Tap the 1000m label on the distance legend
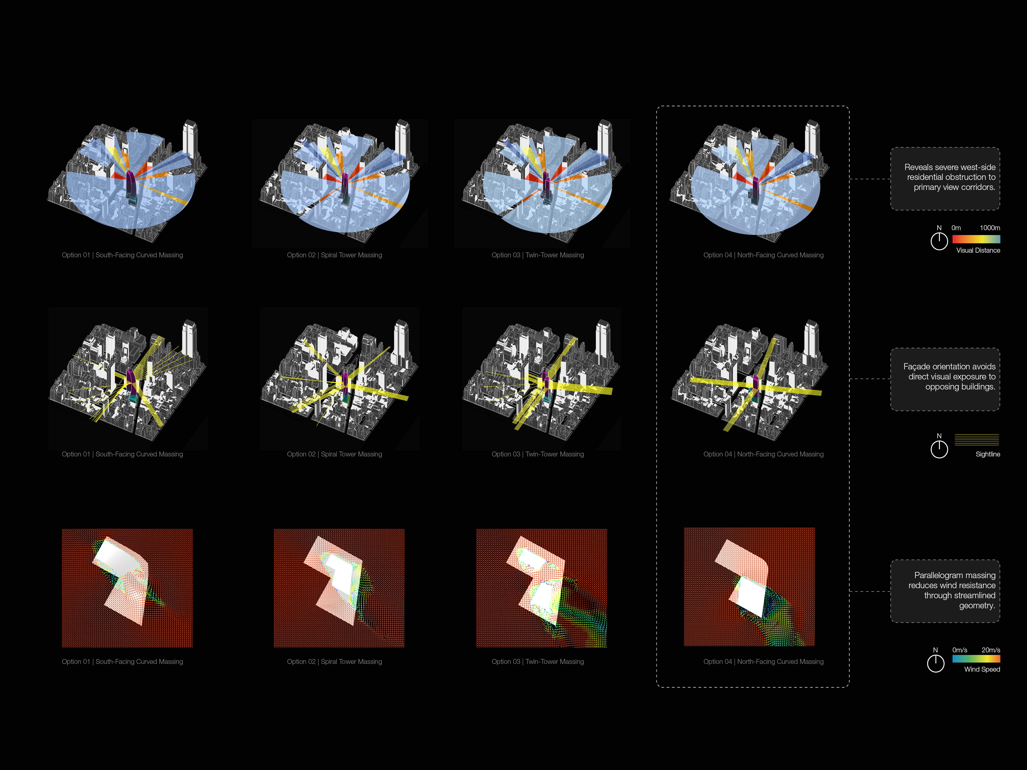click(x=990, y=228)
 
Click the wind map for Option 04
click(x=749, y=587)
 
